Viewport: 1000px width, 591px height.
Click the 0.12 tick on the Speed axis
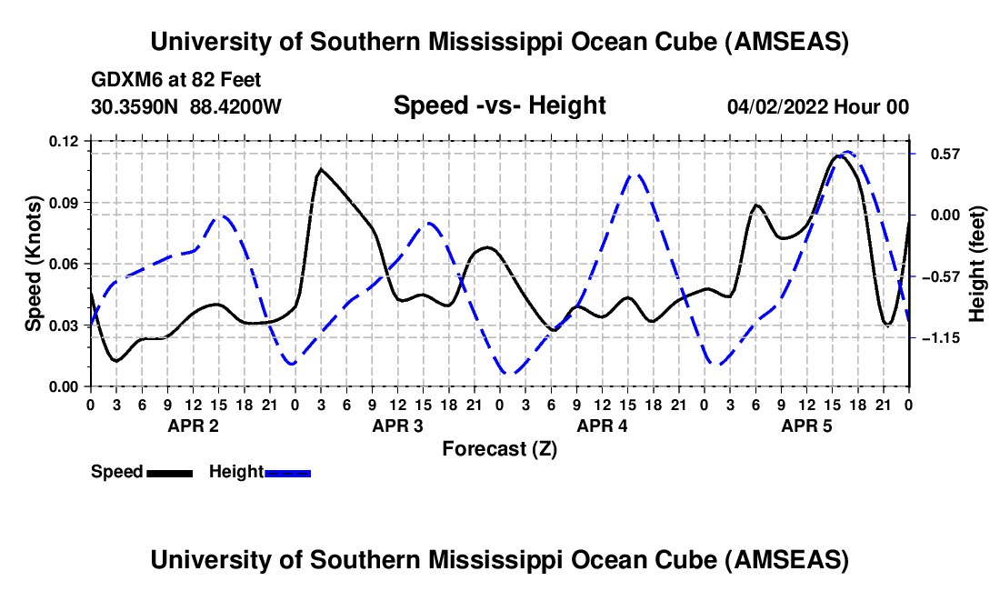click(65, 141)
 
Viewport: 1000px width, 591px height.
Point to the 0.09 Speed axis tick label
click(65, 202)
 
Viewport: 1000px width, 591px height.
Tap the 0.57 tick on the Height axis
click(935, 154)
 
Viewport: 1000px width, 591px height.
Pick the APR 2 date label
click(192, 425)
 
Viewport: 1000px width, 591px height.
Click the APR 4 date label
click(602, 425)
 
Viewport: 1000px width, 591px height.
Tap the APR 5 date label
click(806, 425)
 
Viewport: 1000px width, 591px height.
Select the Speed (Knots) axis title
click(34, 264)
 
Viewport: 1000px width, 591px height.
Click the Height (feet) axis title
click(978, 264)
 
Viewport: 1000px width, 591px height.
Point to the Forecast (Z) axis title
click(498, 448)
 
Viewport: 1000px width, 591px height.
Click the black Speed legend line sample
click(169, 472)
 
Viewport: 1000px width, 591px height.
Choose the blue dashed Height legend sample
click(287, 472)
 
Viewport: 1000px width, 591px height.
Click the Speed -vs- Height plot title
click(499, 105)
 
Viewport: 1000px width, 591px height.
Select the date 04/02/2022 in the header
click(777, 107)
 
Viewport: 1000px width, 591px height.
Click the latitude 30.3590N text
click(136, 106)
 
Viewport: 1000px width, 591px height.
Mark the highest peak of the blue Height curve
click(847, 152)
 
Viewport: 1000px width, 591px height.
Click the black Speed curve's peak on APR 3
click(321, 169)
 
